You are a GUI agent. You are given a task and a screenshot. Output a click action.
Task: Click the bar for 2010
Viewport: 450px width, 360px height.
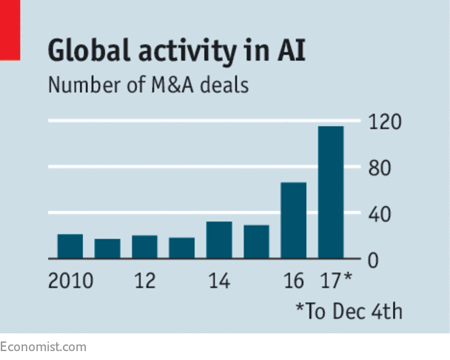click(x=70, y=247)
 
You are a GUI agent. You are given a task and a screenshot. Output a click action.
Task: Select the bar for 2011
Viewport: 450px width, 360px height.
click(x=107, y=249)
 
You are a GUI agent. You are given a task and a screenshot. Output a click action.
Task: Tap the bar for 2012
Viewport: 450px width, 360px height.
click(x=144, y=247)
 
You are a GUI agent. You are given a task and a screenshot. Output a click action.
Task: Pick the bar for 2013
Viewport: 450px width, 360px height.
click(x=181, y=248)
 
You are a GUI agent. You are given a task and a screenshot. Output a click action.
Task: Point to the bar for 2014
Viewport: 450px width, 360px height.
click(x=219, y=240)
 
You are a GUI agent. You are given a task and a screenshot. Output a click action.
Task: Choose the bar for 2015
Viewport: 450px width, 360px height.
click(x=256, y=242)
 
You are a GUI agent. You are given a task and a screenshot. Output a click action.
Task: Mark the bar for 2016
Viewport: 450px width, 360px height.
click(x=293, y=221)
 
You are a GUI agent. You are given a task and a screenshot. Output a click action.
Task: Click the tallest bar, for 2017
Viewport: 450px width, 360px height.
click(x=331, y=193)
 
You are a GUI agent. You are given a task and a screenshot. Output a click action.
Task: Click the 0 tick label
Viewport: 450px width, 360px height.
click(x=375, y=261)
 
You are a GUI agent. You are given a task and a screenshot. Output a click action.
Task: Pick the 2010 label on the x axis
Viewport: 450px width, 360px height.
click(x=70, y=282)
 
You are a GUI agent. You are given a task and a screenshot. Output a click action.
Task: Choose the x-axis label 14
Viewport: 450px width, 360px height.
click(x=219, y=282)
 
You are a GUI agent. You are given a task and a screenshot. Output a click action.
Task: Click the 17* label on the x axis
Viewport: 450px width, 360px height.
click(x=335, y=282)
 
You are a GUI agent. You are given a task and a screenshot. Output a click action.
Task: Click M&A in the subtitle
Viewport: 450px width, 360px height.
click(x=188, y=85)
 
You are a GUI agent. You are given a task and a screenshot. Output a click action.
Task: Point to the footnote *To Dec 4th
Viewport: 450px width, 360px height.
click(x=349, y=311)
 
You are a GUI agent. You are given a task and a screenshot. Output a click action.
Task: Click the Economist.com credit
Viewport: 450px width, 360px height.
click(x=43, y=347)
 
